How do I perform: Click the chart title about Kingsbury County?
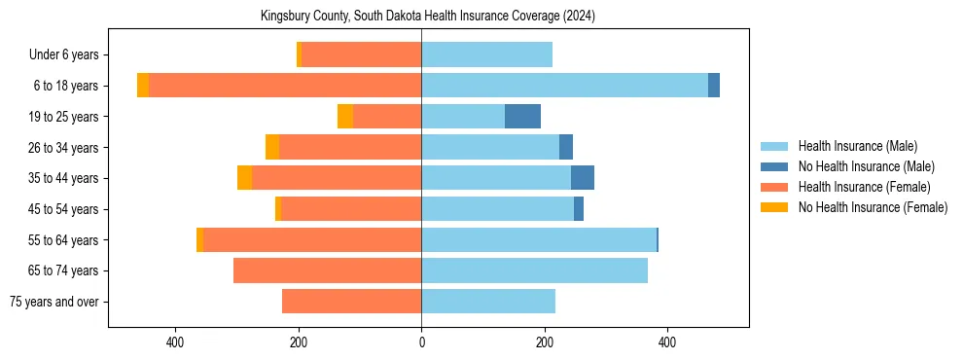tap(428, 17)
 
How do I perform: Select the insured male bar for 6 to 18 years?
tap(564, 86)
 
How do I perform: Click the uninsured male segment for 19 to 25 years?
tap(522, 117)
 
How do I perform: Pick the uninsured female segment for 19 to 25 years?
tap(345, 117)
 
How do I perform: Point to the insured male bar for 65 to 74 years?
tap(534, 270)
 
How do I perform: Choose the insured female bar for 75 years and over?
tap(351, 302)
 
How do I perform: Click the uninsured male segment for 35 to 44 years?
tap(582, 178)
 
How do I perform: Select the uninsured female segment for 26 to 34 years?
tap(272, 147)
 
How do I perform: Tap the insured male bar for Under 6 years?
tap(486, 54)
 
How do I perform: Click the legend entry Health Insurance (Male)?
tap(857, 146)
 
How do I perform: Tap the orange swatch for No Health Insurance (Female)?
tap(774, 207)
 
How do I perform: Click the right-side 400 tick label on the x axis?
tap(667, 342)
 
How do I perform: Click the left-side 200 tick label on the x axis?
tap(299, 342)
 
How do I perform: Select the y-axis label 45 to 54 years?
tap(63, 209)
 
